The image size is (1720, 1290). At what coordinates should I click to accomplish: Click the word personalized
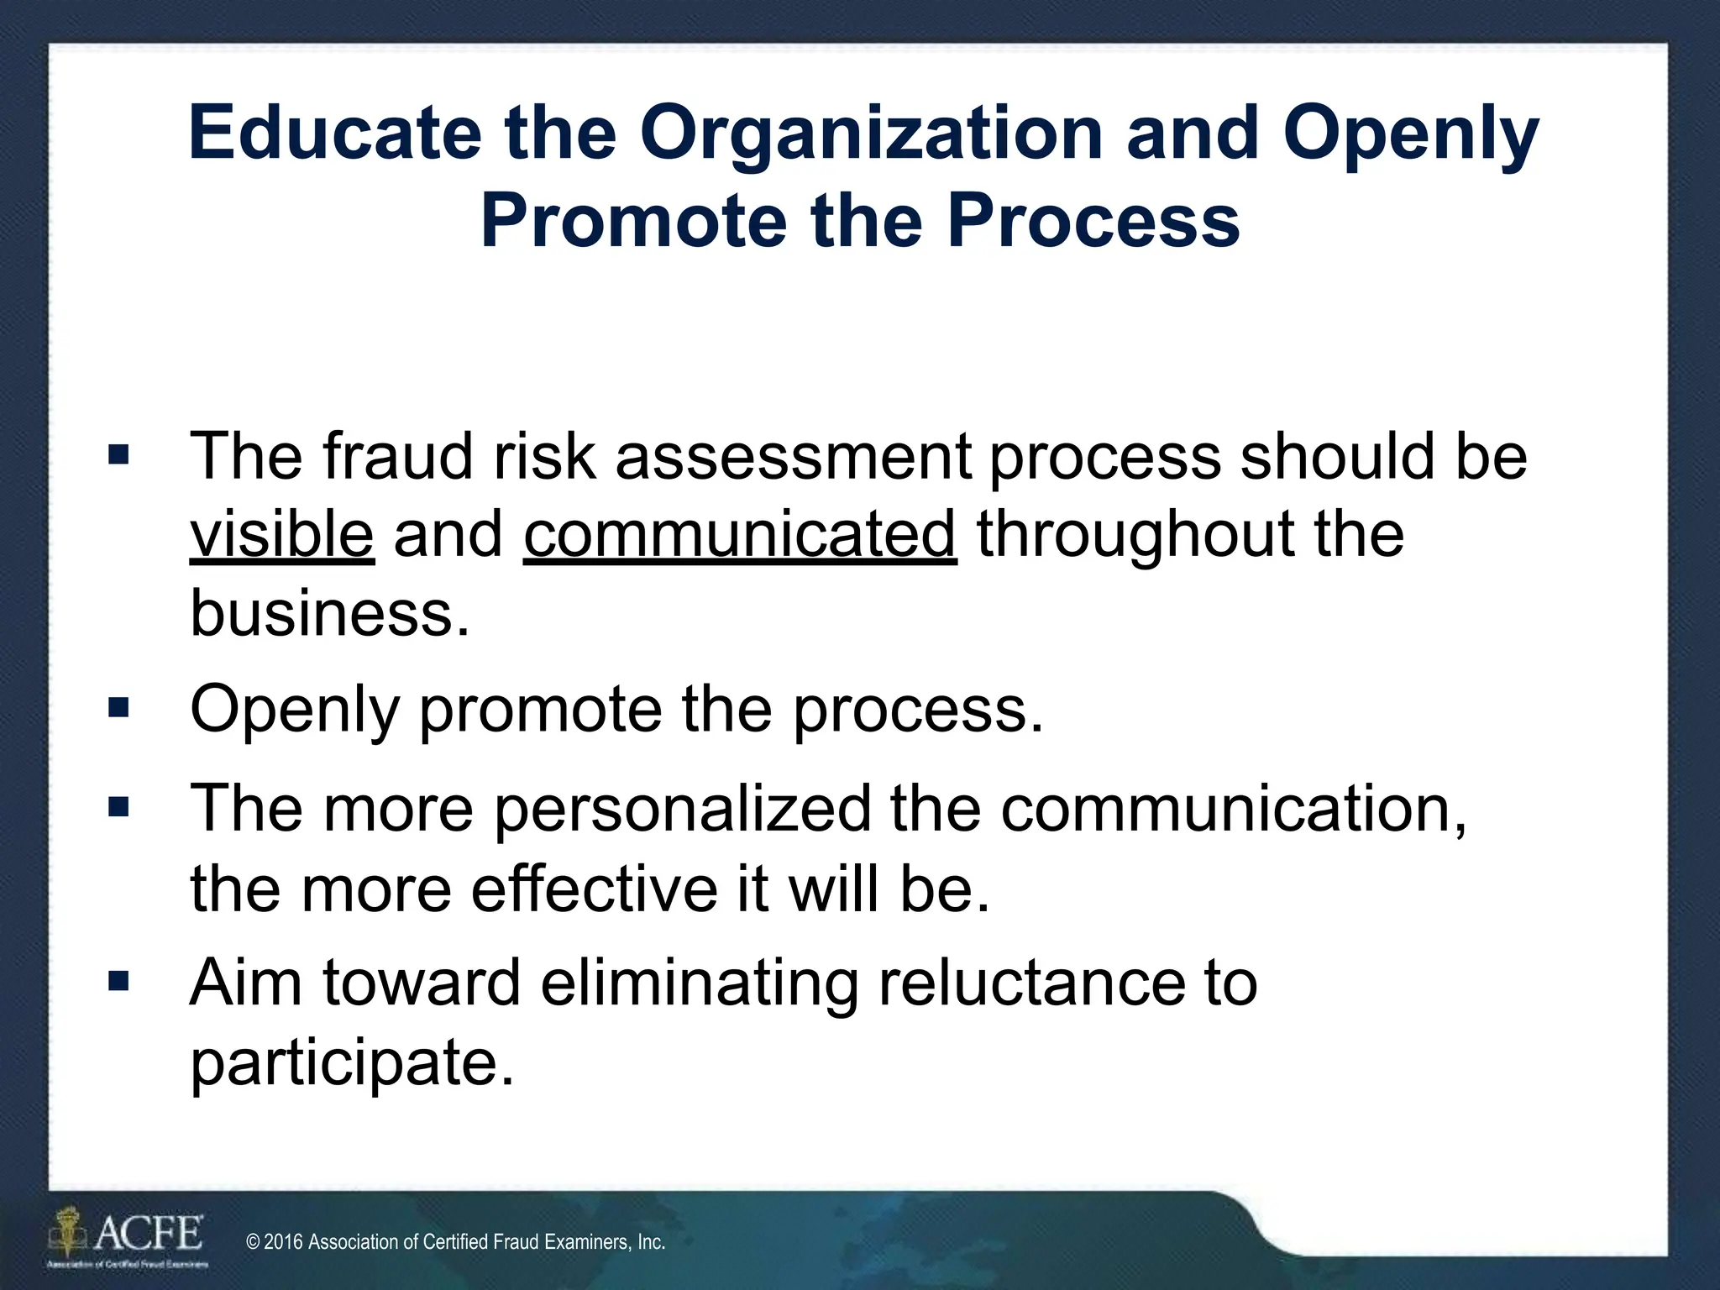[682, 809]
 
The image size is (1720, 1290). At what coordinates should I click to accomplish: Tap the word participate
[351, 1062]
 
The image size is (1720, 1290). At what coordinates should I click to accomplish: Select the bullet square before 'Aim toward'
[118, 980]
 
